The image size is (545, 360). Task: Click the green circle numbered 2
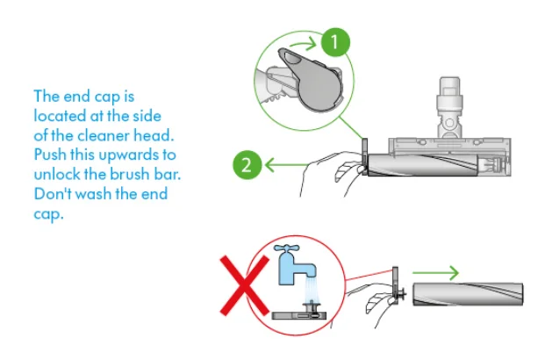pos(248,163)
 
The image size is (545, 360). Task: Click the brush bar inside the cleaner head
pos(421,164)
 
